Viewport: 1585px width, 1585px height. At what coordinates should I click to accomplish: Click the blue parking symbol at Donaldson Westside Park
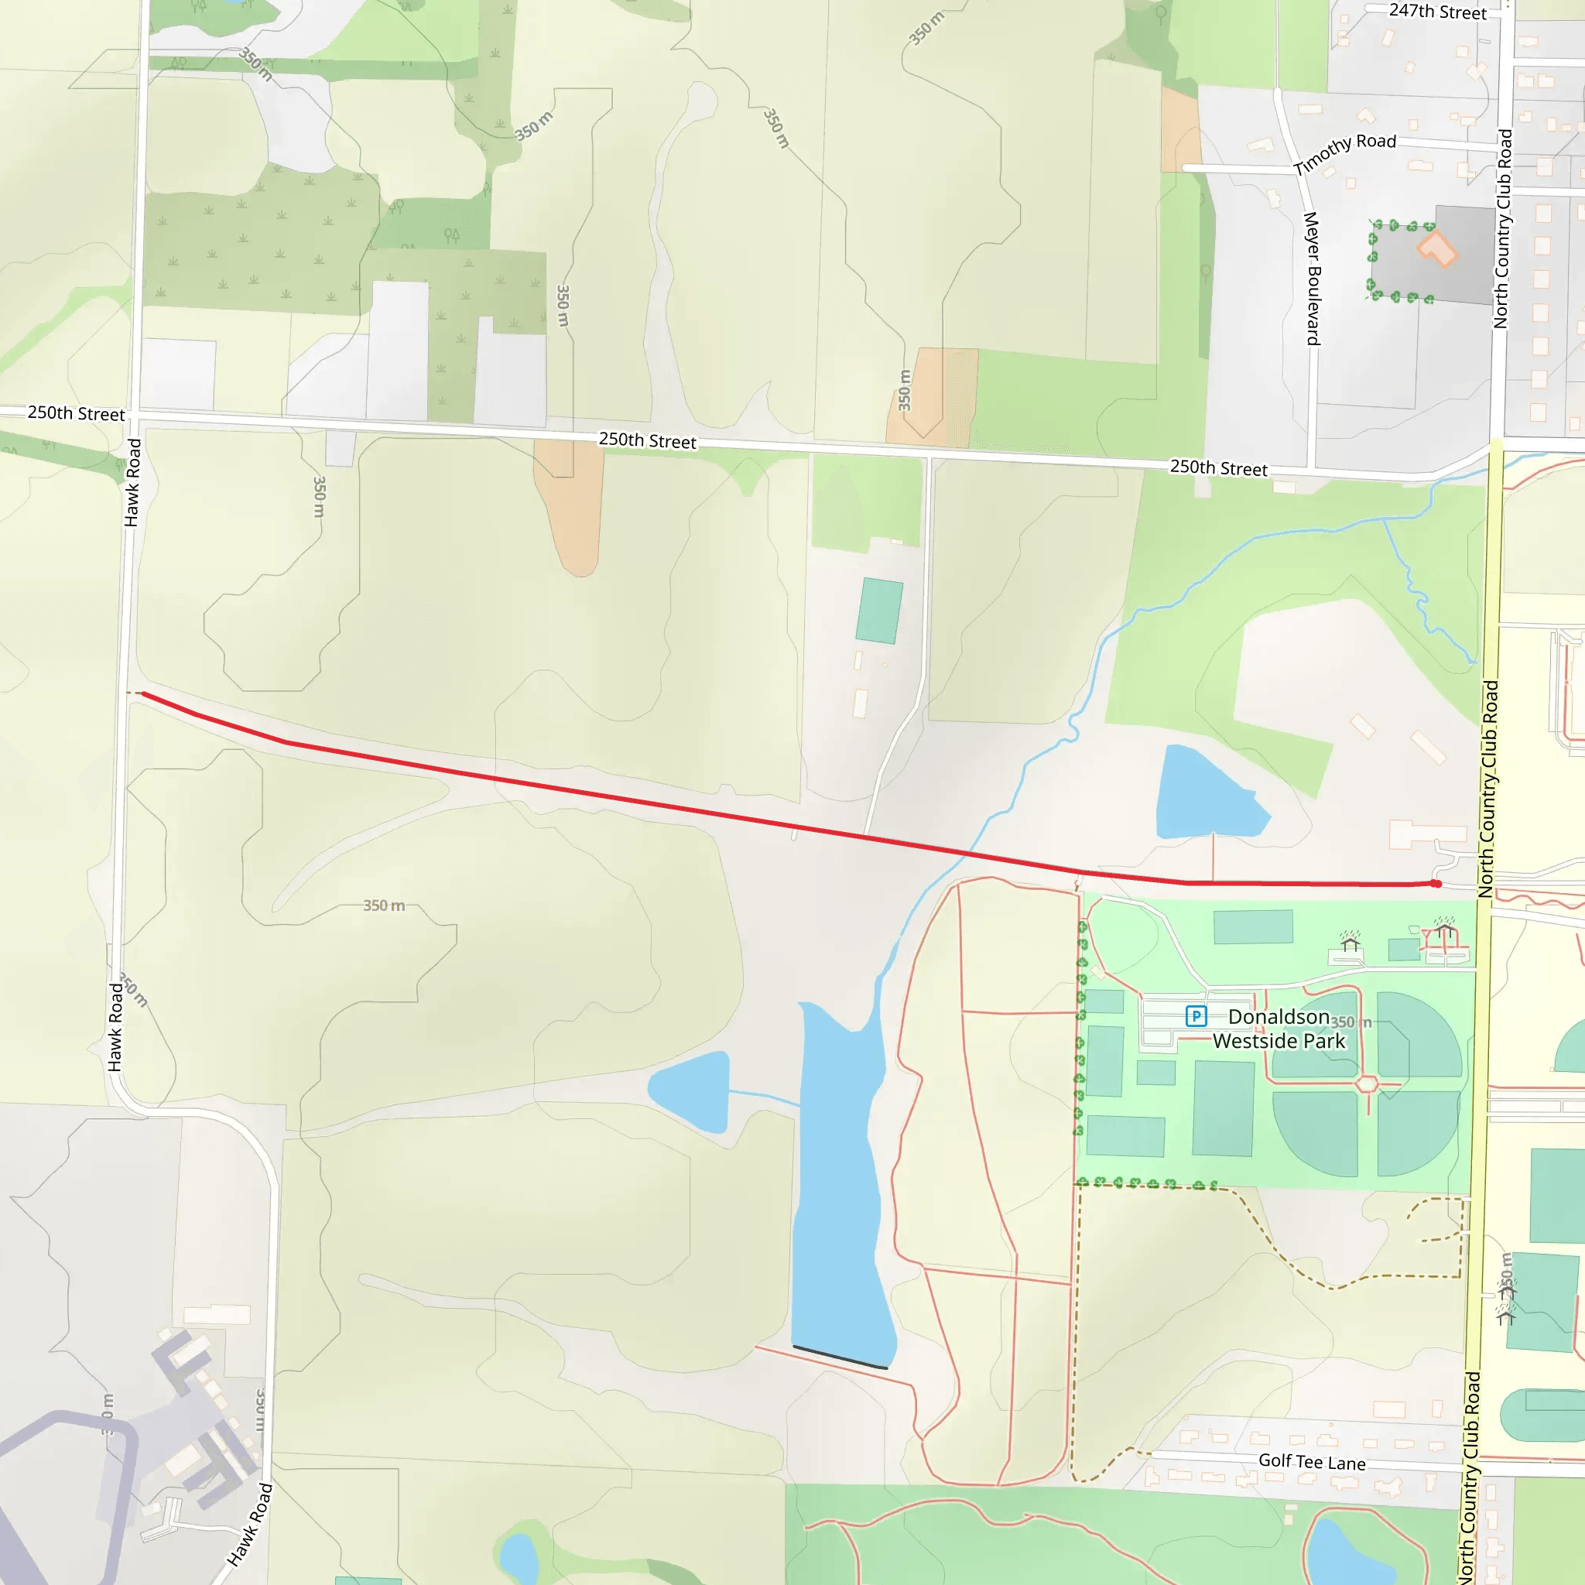point(1196,1016)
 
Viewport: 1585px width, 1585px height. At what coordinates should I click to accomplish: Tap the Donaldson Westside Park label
point(1279,1029)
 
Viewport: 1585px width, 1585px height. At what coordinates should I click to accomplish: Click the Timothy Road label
point(1344,152)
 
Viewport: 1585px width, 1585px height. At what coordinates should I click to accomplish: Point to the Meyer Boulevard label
point(1313,278)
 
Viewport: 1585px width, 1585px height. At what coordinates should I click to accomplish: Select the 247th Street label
point(1437,12)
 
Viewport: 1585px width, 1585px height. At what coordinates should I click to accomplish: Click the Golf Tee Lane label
point(1312,1462)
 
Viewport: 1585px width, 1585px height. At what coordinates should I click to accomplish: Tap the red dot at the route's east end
point(1436,884)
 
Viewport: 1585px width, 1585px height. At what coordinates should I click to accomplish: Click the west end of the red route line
point(144,694)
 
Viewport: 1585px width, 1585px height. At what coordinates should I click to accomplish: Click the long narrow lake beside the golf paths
point(841,1181)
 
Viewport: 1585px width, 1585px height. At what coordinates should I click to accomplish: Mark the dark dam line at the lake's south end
point(840,1357)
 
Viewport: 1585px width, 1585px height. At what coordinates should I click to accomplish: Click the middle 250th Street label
point(647,440)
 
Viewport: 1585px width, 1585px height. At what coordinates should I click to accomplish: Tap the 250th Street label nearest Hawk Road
point(77,413)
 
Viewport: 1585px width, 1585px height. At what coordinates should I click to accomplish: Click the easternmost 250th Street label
point(1218,467)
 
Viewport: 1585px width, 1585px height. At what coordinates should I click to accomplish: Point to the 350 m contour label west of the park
point(384,905)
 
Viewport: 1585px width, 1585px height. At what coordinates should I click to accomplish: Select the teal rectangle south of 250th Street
point(878,611)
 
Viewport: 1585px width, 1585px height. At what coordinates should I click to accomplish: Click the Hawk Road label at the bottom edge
point(249,1525)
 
